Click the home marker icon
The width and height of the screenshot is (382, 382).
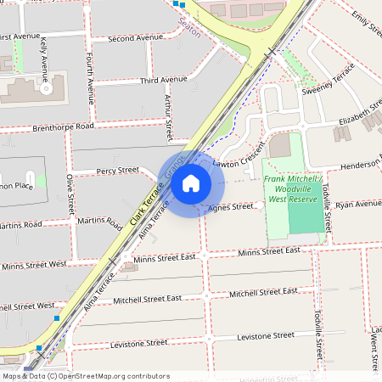tap(191, 183)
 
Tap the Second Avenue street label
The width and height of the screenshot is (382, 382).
tap(135, 38)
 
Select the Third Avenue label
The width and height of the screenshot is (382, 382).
tap(163, 80)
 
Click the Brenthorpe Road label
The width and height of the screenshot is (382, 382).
tap(63, 126)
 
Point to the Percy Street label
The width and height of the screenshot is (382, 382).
tap(117, 171)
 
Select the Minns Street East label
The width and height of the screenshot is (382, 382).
tap(268, 251)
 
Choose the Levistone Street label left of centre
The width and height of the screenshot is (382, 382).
tap(138, 343)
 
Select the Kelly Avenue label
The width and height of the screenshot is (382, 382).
tap(43, 54)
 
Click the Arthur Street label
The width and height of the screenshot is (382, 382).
tap(168, 116)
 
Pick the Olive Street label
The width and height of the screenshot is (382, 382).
tap(70, 194)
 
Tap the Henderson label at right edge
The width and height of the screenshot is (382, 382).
tap(361, 165)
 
